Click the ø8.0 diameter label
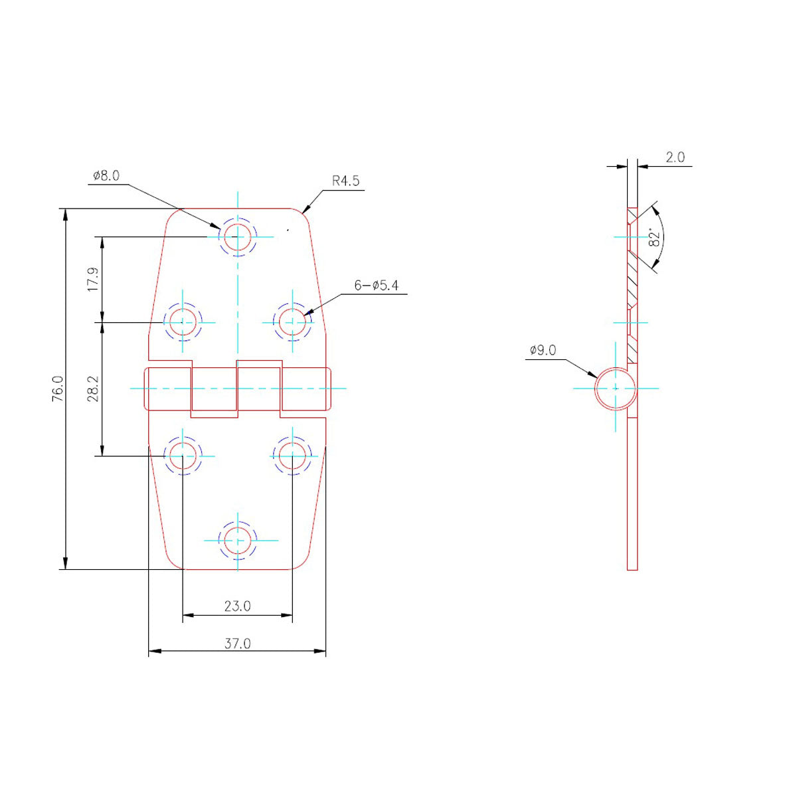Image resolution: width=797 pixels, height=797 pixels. click(107, 176)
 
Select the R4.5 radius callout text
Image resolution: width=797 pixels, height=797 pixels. click(346, 181)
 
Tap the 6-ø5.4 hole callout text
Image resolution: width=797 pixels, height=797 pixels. click(377, 286)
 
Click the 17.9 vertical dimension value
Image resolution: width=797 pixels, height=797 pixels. click(92, 280)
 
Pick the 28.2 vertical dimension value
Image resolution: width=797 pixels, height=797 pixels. click(92, 389)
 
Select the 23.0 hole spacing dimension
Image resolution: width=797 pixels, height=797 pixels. click(237, 606)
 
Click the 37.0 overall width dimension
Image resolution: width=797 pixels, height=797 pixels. click(237, 643)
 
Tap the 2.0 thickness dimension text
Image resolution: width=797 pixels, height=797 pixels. click(675, 157)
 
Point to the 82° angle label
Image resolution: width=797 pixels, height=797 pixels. click(654, 238)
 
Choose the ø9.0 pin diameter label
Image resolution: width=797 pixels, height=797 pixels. click(543, 350)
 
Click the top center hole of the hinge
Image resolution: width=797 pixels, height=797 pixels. click(238, 236)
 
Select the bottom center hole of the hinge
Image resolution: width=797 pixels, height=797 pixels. click(238, 540)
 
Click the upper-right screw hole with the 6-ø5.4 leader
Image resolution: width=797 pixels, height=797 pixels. click(292, 322)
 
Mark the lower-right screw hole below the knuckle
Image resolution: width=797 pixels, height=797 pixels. click(292, 456)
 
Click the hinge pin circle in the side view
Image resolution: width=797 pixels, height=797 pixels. click(615, 387)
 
